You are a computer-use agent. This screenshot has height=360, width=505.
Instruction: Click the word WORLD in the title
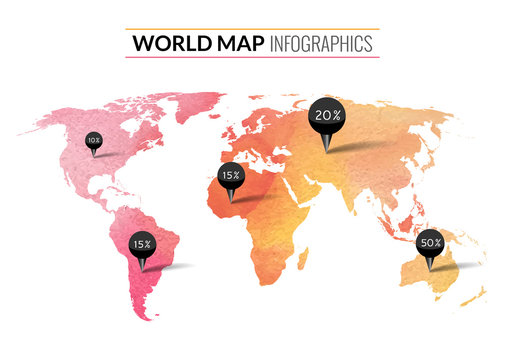(x=166, y=44)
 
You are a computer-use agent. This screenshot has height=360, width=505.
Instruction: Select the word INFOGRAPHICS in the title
(x=321, y=44)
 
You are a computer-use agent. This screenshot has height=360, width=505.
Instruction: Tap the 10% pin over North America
(x=94, y=141)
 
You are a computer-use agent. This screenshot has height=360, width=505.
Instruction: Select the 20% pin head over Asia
(x=326, y=116)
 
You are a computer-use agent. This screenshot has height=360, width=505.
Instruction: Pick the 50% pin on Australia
(x=431, y=243)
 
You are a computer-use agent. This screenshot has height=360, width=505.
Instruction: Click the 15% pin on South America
(x=142, y=244)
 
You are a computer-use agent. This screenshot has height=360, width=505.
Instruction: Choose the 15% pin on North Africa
(x=231, y=175)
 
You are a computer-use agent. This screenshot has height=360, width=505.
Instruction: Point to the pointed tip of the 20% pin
(x=326, y=152)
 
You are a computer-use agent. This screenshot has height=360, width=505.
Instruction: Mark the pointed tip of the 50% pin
(x=431, y=269)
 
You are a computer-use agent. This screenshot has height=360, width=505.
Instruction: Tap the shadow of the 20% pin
(x=360, y=146)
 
